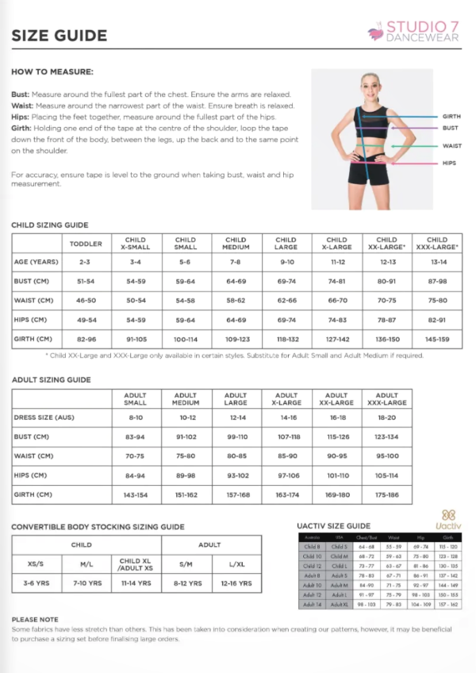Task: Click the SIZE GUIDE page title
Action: pos(59,35)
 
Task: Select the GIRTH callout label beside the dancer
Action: pos(451,117)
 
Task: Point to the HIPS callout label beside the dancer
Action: pos(449,163)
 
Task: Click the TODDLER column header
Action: pos(86,244)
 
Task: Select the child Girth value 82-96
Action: pos(86,340)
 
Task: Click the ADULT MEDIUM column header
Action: pos(186,398)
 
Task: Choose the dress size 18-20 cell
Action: pos(386,417)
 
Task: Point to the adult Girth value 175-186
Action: pos(386,494)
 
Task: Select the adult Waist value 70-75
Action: pos(136,456)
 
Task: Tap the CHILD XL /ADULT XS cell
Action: pos(135,564)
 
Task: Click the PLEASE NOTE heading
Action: pos(35,619)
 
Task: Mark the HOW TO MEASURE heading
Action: pos(52,72)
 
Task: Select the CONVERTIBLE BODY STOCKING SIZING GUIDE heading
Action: pos(98,526)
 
